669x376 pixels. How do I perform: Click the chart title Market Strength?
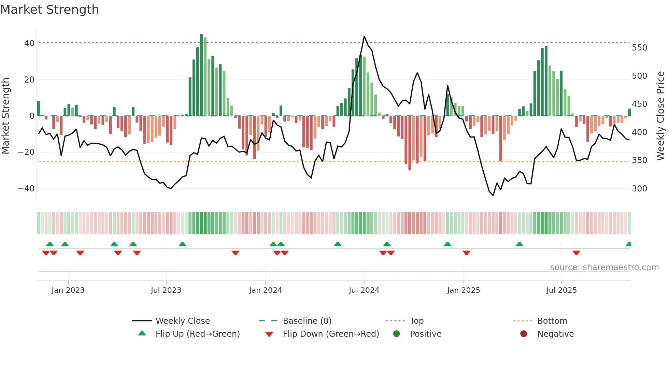pyautogui.click(x=49, y=10)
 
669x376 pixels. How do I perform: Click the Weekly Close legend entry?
pyautogui.click(x=182, y=321)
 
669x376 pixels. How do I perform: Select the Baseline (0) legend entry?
pyautogui.click(x=307, y=321)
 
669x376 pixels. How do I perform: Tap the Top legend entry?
pyautogui.click(x=416, y=321)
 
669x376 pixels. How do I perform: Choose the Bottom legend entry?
pyautogui.click(x=552, y=321)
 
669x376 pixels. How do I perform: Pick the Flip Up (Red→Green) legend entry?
pyautogui.click(x=197, y=334)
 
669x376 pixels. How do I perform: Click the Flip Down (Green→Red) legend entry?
pyautogui.click(x=330, y=334)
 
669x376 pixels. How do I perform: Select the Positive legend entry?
pyautogui.click(x=425, y=334)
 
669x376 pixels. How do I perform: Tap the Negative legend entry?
pyautogui.click(x=555, y=334)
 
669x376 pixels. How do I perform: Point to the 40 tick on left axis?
pyautogui.click(x=29, y=43)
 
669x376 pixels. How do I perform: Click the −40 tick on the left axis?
pyautogui.click(x=26, y=189)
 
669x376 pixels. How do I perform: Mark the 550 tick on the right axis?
pyautogui.click(x=639, y=48)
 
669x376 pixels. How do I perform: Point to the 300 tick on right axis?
pyautogui.click(x=639, y=189)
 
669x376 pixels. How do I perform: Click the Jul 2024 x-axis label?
pyautogui.click(x=364, y=290)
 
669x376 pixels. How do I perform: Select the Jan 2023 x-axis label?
pyautogui.click(x=68, y=290)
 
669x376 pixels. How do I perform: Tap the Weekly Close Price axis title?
pyautogui.click(x=660, y=116)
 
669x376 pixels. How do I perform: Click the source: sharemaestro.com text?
pyautogui.click(x=604, y=267)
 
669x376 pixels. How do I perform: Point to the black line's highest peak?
pyautogui.click(x=364, y=37)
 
